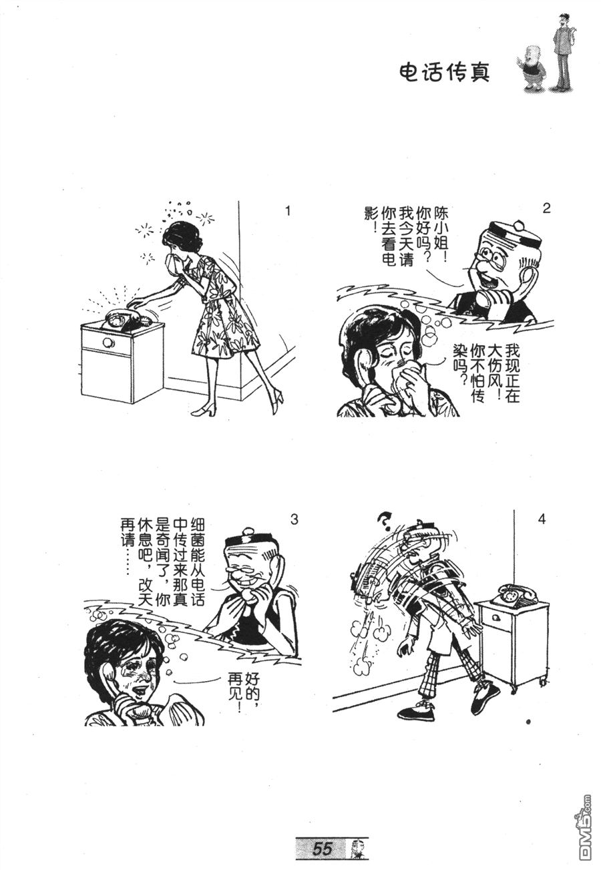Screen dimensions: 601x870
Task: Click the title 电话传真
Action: [x=445, y=72]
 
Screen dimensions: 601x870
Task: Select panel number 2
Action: [x=546, y=208]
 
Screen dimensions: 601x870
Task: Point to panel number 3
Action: [x=294, y=519]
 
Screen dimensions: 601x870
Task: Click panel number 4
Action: [x=542, y=519]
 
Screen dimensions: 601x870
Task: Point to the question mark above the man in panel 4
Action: [x=385, y=521]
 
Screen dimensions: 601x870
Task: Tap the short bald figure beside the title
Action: [x=532, y=68]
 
